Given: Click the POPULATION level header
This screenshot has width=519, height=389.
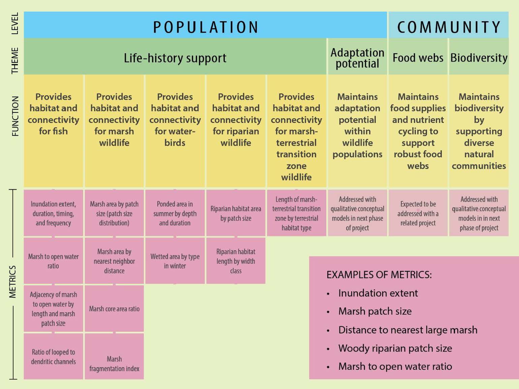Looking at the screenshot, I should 205,27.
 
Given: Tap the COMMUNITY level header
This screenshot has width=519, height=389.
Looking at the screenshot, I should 448,27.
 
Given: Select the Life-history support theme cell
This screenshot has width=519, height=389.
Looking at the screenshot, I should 175,58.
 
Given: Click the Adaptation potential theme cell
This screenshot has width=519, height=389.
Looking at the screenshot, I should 357,58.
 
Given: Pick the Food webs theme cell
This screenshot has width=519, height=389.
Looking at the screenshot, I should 418,58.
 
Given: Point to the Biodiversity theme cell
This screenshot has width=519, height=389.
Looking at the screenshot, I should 479,58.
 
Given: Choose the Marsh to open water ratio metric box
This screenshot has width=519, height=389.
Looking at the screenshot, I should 53,261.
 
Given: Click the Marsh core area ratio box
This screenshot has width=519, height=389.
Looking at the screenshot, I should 114,309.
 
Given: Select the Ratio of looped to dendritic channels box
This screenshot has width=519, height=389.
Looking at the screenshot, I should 53,356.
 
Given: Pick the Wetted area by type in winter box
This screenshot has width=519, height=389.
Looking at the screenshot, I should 175,261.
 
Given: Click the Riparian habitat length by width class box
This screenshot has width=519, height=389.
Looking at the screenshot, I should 236,261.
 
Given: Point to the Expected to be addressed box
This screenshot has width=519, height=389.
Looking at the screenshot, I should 418,213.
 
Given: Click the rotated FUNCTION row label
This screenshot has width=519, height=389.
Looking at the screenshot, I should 15,116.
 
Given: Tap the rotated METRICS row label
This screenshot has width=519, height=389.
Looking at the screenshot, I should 13,282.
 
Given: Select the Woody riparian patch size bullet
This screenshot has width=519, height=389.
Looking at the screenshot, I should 395,348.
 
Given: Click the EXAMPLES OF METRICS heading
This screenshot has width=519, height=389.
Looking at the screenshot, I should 379,275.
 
